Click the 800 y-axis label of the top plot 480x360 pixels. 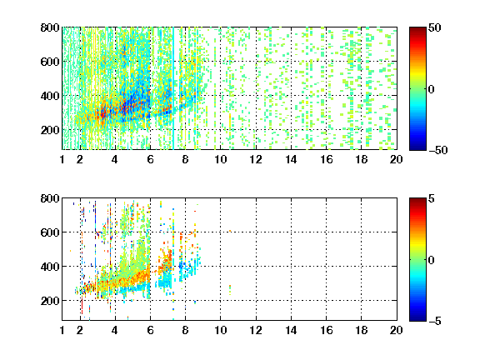point(50,27)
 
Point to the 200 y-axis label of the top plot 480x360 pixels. point(50,130)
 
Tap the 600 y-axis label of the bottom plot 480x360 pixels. point(50,232)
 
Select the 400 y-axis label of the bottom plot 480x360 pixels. point(50,267)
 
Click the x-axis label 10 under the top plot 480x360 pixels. point(220,159)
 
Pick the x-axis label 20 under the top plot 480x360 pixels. point(396,159)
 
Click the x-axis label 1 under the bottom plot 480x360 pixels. point(62,330)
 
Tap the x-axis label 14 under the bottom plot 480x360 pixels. point(291,330)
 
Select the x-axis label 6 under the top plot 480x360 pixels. point(150,159)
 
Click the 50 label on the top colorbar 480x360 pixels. point(435,27)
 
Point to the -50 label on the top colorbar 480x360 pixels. point(438,150)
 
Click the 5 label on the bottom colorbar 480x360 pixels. point(432,198)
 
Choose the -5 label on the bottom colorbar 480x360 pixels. point(435,321)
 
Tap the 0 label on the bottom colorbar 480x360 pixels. point(432,260)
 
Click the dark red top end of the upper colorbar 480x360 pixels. point(417,29)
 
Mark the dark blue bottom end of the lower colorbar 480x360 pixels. point(417,319)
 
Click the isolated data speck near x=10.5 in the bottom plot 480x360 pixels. point(230,290)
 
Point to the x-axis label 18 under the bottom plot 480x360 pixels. point(361,330)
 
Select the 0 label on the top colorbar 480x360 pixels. point(432,89)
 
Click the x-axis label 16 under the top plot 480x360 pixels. point(327,159)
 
